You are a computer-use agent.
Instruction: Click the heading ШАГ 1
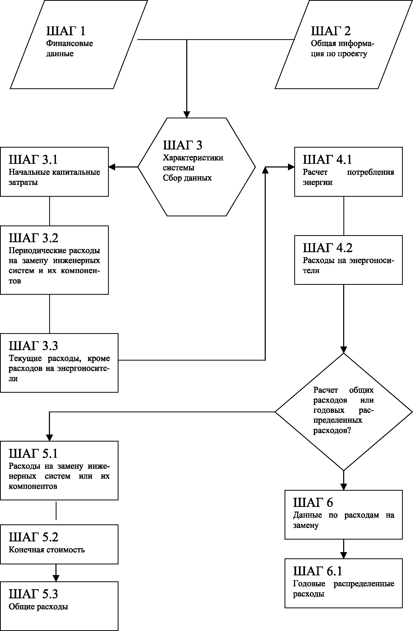(66, 31)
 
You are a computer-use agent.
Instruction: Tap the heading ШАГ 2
(331, 31)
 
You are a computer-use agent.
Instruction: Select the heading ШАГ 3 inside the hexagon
(183, 145)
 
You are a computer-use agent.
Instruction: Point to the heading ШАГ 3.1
(33, 159)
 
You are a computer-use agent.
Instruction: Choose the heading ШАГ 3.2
(33, 238)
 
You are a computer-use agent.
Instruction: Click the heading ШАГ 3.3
(33, 345)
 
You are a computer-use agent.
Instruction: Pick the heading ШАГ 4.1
(327, 159)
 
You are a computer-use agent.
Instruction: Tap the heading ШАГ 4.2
(328, 248)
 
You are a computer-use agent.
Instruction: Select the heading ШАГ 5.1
(33, 453)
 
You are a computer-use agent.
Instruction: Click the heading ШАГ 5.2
(33, 537)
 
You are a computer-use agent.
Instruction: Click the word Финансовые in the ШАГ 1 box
(70, 43)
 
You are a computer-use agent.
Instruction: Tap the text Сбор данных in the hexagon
(187, 178)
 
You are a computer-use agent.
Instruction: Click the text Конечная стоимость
(47, 549)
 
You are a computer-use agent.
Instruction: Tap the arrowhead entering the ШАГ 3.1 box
(112, 167)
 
